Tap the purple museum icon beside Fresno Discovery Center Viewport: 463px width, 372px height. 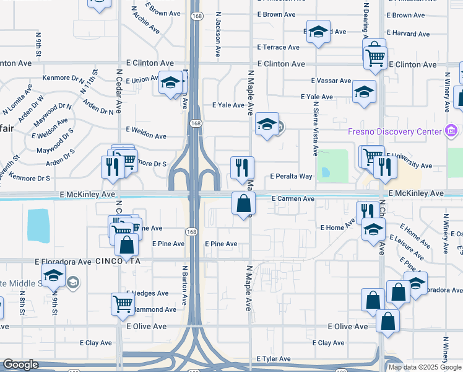[x=451, y=131]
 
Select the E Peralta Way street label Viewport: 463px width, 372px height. [x=291, y=177]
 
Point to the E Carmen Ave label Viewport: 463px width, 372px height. [x=293, y=199]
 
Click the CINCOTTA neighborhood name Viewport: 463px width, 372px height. [x=118, y=262]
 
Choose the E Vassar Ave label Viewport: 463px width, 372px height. [x=331, y=81]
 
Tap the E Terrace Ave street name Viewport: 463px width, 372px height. [x=279, y=47]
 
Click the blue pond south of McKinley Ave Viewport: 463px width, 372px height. [x=38, y=225]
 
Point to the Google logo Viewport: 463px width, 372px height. [x=20, y=365]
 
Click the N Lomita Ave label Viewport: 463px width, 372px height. [x=17, y=102]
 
